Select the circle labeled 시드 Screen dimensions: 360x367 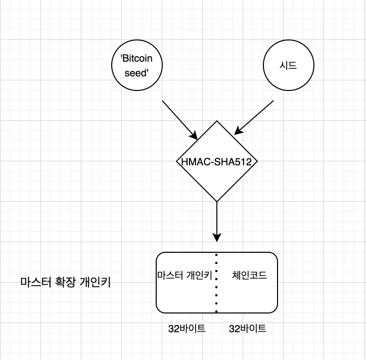point(288,66)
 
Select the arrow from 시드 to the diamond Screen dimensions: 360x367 point(254,118)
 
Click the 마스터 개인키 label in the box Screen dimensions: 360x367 point(185,276)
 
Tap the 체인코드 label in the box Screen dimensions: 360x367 point(249,276)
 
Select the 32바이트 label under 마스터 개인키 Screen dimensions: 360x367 point(187,329)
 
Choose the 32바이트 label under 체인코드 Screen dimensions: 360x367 point(248,329)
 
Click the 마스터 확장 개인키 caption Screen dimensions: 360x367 point(65,283)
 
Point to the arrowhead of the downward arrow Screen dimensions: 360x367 point(217,237)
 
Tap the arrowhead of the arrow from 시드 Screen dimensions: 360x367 point(238,131)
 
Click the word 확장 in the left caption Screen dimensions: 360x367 point(64,283)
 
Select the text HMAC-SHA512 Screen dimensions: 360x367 point(217,162)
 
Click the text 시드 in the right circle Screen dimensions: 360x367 point(288,66)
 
